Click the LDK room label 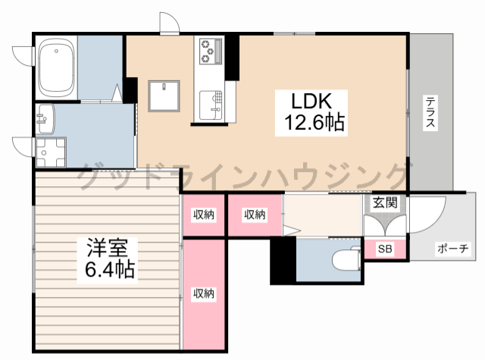311,101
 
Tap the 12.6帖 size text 314,123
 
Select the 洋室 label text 107,247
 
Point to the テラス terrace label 430,112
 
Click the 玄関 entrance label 385,202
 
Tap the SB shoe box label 385,249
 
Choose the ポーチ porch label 453,249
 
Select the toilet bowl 346,260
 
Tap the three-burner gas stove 211,51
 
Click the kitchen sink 211,105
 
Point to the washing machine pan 51,152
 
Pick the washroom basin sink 45,119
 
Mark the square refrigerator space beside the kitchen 164,96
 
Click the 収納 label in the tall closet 204,293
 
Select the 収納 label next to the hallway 255,214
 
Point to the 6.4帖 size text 109,270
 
